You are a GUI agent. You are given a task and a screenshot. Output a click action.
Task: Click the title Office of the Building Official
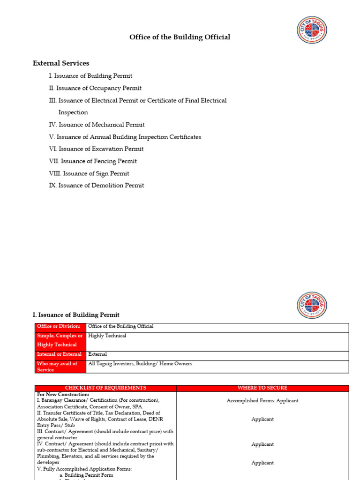pyautogui.click(x=180, y=37)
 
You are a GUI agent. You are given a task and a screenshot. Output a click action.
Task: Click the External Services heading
pyautogui.click(x=61, y=63)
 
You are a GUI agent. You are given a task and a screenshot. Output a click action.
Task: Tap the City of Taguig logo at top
pyautogui.click(x=312, y=30)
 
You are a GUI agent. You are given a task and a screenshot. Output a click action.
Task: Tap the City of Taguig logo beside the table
pyautogui.click(x=312, y=305)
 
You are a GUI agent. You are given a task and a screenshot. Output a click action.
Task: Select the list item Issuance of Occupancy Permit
pyautogui.click(x=95, y=88)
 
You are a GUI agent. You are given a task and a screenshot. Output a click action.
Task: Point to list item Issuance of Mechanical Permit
pyautogui.click(x=97, y=125)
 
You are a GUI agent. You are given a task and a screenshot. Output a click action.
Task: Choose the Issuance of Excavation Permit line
pyautogui.click(x=96, y=149)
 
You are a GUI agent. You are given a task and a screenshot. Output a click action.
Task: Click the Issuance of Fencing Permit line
pyautogui.click(x=93, y=161)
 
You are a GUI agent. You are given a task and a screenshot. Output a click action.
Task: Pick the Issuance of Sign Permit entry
pyautogui.click(x=89, y=173)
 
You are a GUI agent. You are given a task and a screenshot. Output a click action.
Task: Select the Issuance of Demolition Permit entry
pyautogui.click(x=96, y=186)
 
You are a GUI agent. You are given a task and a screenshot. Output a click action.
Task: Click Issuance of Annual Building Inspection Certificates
pyautogui.click(x=125, y=137)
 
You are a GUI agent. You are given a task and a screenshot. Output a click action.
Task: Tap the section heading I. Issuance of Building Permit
pyautogui.click(x=76, y=315)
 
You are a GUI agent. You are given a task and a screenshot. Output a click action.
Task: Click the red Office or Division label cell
pyautogui.click(x=60, y=327)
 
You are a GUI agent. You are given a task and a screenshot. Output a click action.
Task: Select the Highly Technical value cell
pyautogui.click(x=107, y=336)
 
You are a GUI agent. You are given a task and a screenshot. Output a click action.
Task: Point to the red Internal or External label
pyautogui.click(x=60, y=355)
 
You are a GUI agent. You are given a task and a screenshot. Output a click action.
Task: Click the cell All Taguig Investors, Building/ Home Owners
pyautogui.click(x=140, y=364)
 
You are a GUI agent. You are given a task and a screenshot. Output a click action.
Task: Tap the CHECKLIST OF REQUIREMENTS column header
pyautogui.click(x=105, y=388)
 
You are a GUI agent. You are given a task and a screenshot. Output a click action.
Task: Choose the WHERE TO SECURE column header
pyautogui.click(x=262, y=388)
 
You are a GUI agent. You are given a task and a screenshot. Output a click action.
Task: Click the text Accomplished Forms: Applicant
pyautogui.click(x=262, y=401)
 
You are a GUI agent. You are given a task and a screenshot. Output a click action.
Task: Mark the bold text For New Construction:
pyautogui.click(x=63, y=395)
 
